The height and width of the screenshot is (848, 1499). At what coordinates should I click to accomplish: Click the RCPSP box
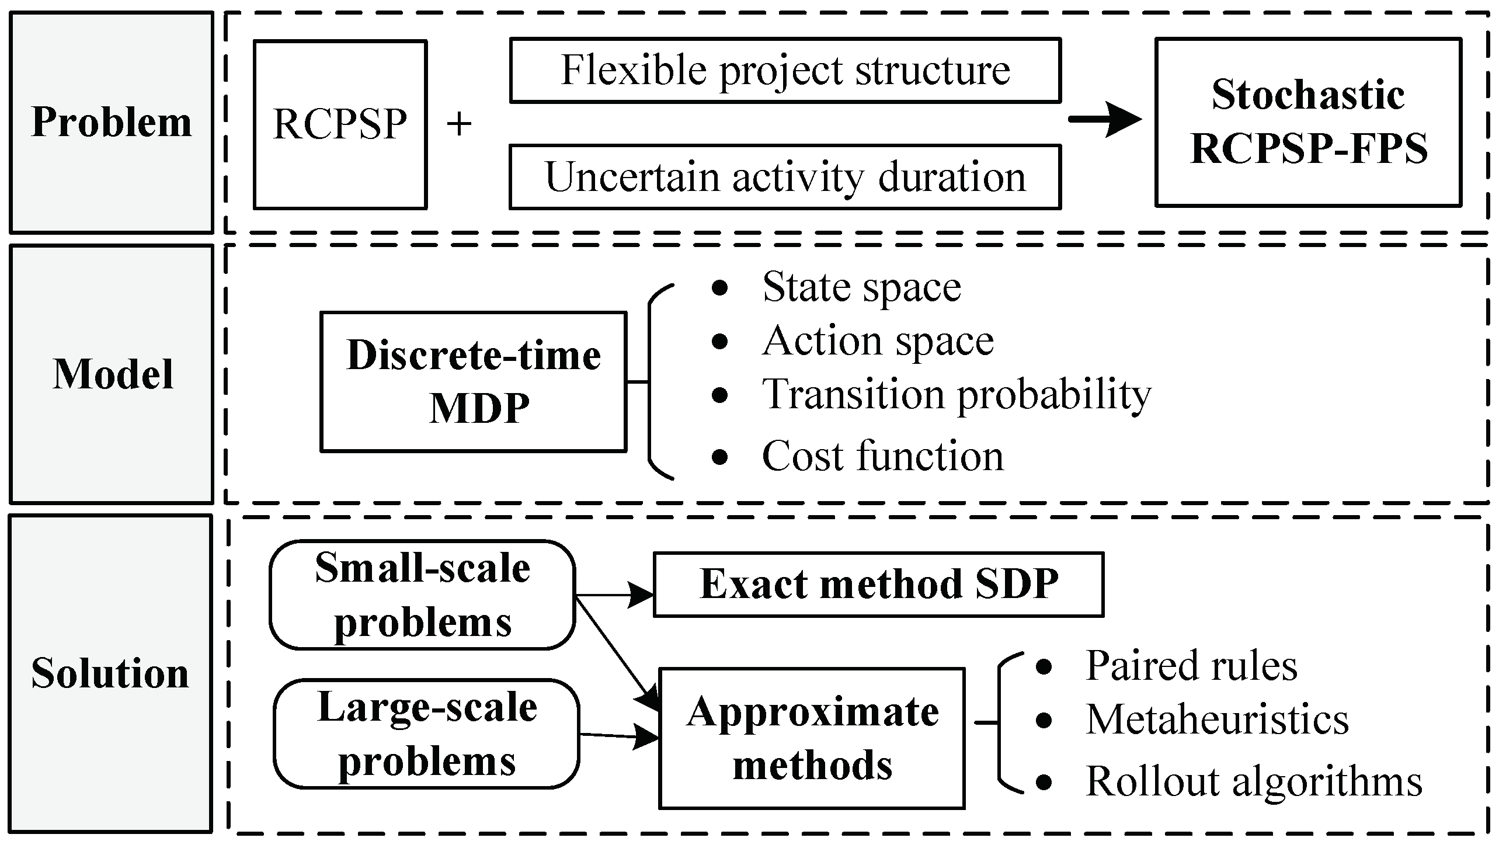(x=340, y=124)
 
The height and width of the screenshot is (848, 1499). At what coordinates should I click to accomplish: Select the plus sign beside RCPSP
(x=459, y=124)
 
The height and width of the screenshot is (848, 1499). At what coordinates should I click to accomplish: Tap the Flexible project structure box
(x=785, y=70)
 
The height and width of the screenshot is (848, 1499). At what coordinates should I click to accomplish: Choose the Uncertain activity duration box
(x=785, y=176)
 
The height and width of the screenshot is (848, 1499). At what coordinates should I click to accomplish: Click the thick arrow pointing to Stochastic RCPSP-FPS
(x=1104, y=120)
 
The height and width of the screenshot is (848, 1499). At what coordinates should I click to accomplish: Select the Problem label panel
(x=111, y=123)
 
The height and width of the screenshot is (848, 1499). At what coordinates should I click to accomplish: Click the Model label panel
(x=111, y=374)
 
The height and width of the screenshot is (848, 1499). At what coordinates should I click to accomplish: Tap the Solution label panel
(x=111, y=673)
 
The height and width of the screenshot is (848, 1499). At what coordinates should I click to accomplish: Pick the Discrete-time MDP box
(x=474, y=381)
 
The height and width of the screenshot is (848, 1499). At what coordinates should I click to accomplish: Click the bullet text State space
(x=861, y=287)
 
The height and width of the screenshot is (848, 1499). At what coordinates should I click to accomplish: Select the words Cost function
(x=882, y=456)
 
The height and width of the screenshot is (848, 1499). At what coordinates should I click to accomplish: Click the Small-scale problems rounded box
(x=422, y=595)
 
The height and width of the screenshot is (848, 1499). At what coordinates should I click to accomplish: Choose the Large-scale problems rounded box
(x=426, y=734)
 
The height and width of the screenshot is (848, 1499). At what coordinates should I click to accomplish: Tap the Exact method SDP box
(x=878, y=584)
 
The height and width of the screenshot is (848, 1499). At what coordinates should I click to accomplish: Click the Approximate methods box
(x=812, y=738)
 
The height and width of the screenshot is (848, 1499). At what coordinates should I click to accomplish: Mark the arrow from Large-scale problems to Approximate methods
(x=619, y=735)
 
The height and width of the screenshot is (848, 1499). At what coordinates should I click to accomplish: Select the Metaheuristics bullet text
(x=1217, y=720)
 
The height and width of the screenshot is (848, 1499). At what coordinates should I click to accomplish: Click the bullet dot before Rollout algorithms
(x=1044, y=781)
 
